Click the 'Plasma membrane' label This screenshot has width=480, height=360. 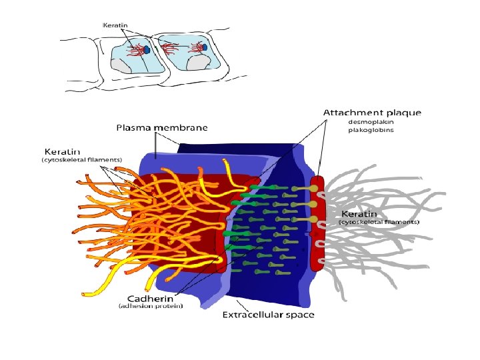pos(162,127)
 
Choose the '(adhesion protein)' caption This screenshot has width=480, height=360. pos(151,306)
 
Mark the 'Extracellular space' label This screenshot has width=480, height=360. pos(268,314)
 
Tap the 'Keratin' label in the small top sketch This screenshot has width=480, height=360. pos(115,25)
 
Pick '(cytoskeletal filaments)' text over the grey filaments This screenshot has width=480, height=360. pos(379,221)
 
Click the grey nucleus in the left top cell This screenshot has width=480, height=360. pos(124,65)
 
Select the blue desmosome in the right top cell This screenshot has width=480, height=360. pos(205,47)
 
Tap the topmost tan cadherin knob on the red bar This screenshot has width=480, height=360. pos(313,189)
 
